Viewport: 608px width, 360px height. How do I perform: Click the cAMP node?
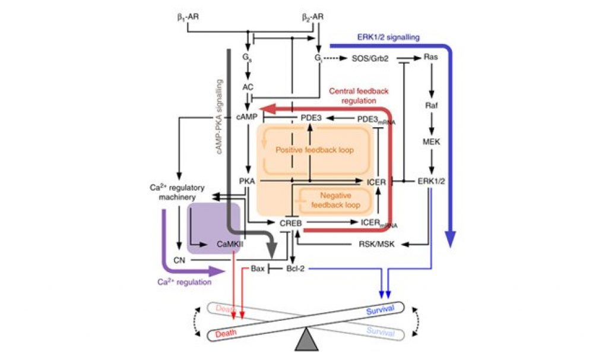click(x=247, y=118)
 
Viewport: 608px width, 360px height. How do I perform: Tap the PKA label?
click(x=247, y=181)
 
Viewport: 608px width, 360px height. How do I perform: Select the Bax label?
click(x=258, y=269)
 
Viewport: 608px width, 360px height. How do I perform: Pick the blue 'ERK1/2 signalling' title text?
click(x=388, y=37)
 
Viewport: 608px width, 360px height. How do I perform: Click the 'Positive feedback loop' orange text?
click(x=315, y=150)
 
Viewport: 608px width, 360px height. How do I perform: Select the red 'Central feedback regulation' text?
click(x=356, y=96)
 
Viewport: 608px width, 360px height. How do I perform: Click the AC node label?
click(x=248, y=87)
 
